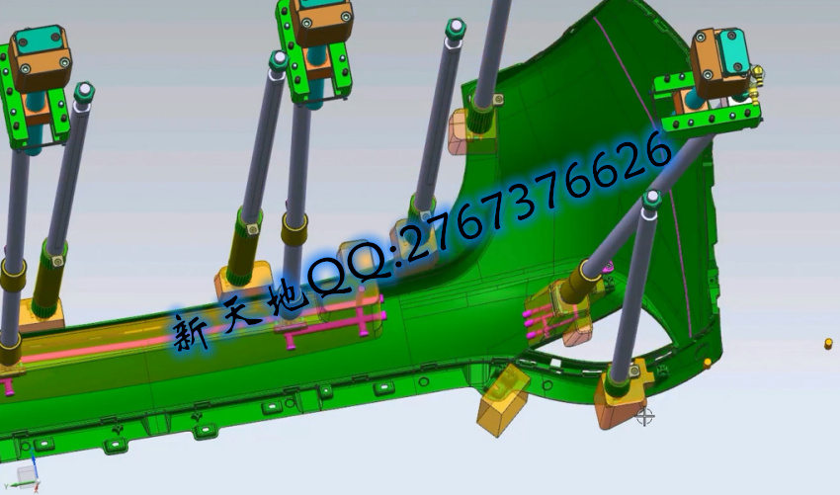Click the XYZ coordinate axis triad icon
coord(23,474)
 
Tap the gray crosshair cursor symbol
coord(645,416)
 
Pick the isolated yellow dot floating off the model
coord(829,344)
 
